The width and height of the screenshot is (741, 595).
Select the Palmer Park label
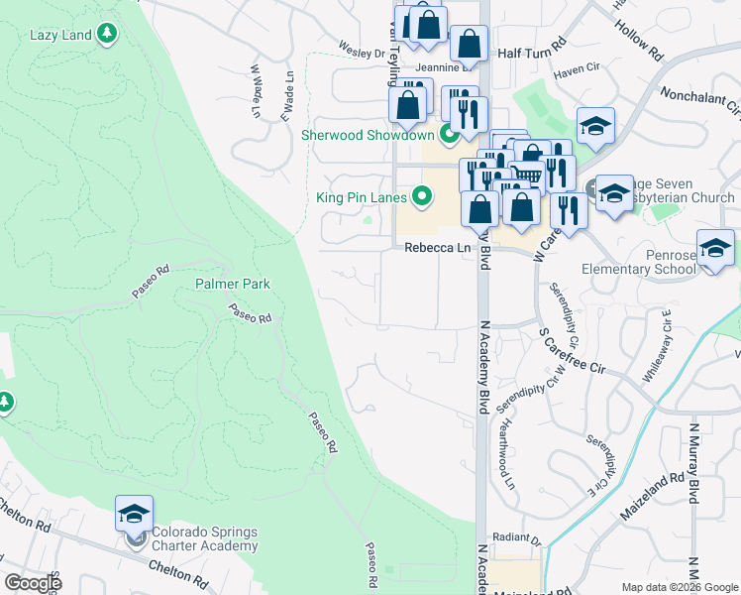point(232,284)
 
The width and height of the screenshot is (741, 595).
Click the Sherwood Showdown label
point(369,135)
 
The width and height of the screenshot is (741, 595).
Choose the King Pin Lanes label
point(363,197)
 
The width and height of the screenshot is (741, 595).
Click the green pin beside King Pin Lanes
point(424,196)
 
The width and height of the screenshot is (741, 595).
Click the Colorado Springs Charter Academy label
point(204,538)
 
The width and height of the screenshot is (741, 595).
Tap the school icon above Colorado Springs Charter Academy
point(134,514)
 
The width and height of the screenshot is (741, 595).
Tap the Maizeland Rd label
point(650,491)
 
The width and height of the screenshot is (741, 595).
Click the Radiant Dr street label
point(522,541)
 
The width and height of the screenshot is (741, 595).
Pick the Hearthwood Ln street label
point(508,453)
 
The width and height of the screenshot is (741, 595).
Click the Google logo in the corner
point(33,583)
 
